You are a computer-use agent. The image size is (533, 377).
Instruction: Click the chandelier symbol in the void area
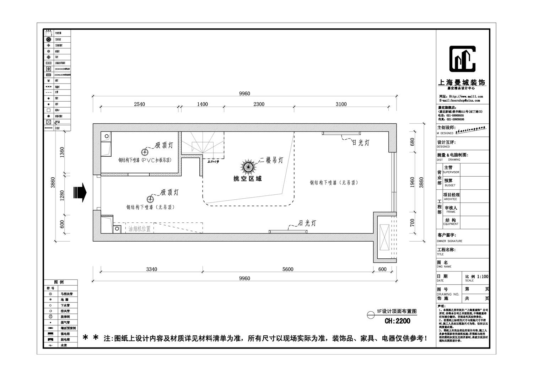[248, 166]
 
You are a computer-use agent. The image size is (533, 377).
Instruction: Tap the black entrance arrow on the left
[80, 192]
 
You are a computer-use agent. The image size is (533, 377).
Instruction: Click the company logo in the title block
[462, 59]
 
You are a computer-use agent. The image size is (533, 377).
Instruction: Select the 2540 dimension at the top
[139, 104]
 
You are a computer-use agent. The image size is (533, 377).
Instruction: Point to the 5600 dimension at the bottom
[288, 269]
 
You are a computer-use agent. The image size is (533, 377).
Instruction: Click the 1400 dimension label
[202, 104]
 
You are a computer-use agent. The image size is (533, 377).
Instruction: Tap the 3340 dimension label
[151, 269]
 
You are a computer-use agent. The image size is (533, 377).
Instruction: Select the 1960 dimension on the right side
[413, 183]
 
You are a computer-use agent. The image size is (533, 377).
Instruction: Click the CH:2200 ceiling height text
[398, 321]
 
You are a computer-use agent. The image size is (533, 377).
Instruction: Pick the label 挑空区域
[247, 179]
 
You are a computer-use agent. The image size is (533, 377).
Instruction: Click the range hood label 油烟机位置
[139, 229]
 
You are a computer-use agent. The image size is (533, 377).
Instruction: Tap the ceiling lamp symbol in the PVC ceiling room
[145, 152]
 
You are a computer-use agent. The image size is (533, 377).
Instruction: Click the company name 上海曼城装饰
[462, 82]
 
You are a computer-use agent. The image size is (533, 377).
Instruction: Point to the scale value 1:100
[483, 276]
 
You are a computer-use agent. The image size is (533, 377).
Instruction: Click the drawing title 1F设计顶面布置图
[397, 311]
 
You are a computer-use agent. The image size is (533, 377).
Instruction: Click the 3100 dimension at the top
[341, 104]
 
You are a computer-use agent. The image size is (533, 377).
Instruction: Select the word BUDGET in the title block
[449, 185]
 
